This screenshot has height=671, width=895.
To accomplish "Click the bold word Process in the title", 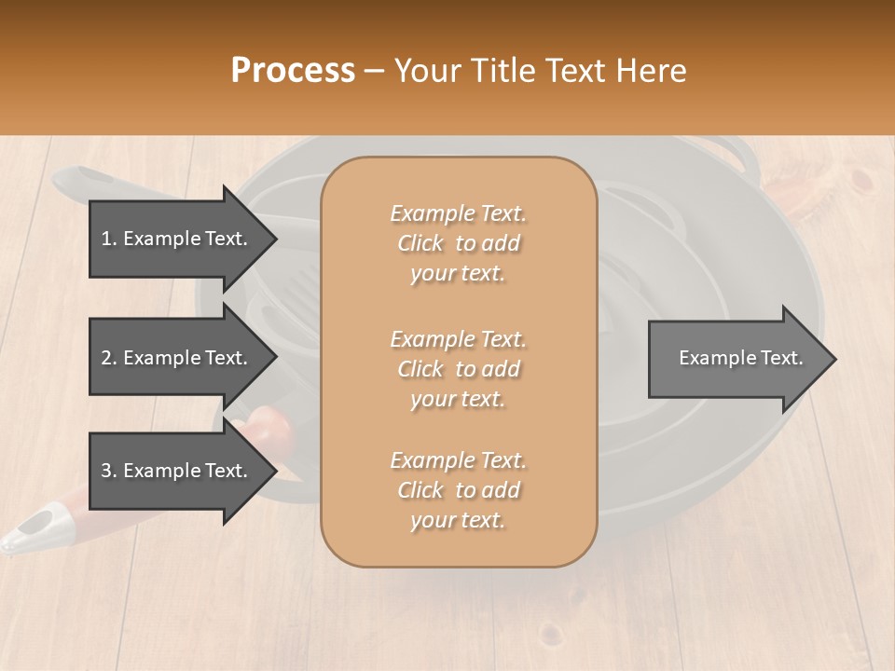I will pos(293,70).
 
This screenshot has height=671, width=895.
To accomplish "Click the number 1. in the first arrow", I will pos(109,239).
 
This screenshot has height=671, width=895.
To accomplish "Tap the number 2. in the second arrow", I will pos(109,358).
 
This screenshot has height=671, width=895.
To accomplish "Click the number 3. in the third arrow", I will pos(109,471).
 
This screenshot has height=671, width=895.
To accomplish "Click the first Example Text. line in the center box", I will pos(458,213).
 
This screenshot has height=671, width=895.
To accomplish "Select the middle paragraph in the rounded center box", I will pos(458,368).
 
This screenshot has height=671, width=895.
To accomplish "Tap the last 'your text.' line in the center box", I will pos(458,521).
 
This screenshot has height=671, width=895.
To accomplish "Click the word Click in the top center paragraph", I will pos(420,243).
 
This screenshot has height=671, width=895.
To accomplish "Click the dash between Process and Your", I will pos(374,71).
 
